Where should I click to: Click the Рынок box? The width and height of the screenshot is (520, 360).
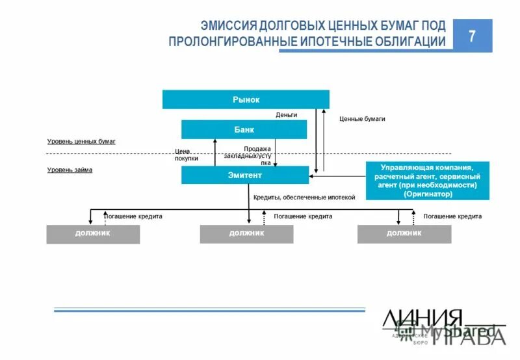point(246,99)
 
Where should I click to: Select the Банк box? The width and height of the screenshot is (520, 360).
point(244,129)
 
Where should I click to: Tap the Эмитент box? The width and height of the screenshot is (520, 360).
point(244,175)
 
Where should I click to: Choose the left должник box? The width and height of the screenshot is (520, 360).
point(93,233)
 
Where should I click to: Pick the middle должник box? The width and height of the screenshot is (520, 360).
point(246,233)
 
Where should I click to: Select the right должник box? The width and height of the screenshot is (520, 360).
point(404,233)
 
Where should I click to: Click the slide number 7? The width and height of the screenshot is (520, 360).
point(473,36)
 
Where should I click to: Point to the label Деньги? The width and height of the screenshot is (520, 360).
point(286,115)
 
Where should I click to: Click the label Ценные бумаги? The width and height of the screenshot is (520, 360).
point(362,119)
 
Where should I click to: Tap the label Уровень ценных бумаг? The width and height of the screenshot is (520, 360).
point(81,141)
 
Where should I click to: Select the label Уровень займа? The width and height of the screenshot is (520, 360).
point(70,170)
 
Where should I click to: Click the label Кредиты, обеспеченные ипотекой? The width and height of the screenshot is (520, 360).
point(304,197)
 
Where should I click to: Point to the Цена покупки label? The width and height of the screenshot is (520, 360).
point(187,155)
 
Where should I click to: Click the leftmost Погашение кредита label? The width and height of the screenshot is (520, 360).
point(133,216)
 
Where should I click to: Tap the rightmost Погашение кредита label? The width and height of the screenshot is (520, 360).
point(452,216)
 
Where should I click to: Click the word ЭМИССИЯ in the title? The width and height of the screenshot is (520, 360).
point(228,27)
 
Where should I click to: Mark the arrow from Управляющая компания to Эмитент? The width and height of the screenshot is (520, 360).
point(337,175)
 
